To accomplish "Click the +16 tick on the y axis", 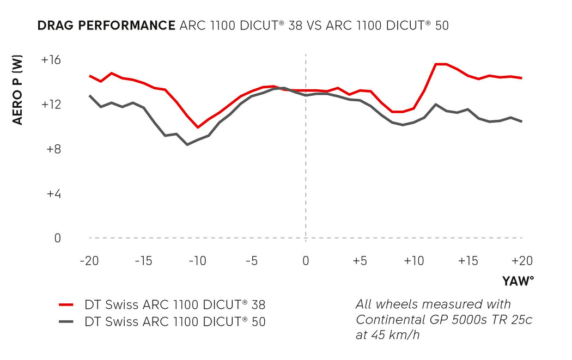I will [x=52, y=59].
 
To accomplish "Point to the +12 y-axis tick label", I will [x=52, y=104].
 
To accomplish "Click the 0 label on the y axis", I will [x=57, y=238].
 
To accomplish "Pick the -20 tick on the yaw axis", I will [x=89, y=261].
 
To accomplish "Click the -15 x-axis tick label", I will [x=143, y=261].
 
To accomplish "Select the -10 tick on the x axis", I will [x=197, y=261].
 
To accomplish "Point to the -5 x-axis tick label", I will [x=251, y=261].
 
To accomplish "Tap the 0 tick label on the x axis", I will [x=306, y=261].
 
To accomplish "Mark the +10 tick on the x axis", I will [x=413, y=261].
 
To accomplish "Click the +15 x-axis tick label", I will [x=467, y=261].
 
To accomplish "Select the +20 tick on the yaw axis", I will [x=522, y=261].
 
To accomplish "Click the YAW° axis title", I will [x=517, y=281].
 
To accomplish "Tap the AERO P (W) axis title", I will [x=18, y=90].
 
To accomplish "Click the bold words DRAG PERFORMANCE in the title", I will [x=105, y=26].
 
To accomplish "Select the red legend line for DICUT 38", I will [x=65, y=304].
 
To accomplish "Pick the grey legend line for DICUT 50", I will [x=65, y=322].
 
